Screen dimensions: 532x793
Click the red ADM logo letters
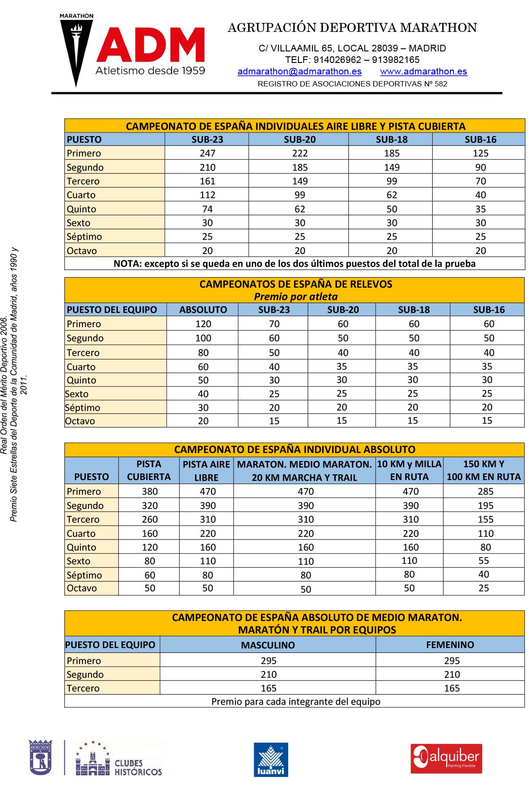point(151,45)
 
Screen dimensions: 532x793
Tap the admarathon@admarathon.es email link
point(299,71)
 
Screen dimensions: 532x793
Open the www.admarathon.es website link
point(423,71)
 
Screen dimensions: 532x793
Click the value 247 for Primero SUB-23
point(207,153)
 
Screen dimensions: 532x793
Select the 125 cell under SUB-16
point(480,153)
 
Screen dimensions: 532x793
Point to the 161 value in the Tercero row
point(207,181)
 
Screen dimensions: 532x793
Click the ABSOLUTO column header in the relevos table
point(203,310)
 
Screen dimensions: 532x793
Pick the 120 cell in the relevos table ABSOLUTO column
point(203,324)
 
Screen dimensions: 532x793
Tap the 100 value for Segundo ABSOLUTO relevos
point(203,338)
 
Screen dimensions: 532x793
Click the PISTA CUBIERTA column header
point(149,470)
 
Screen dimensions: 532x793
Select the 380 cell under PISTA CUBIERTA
point(150,492)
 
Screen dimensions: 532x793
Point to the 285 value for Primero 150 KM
point(485,492)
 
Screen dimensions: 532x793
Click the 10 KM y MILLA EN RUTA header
point(409,470)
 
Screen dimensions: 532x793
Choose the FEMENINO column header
point(450,645)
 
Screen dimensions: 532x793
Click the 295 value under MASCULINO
point(269,661)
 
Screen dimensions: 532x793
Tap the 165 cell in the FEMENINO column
point(452,688)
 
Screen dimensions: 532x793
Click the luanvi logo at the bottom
point(271,760)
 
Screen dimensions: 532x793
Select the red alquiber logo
point(446,758)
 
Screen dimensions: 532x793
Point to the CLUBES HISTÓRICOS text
point(138,768)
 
